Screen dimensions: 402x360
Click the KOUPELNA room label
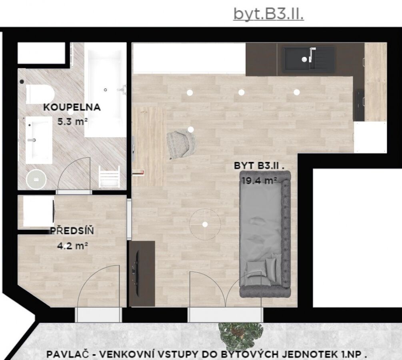(72, 107)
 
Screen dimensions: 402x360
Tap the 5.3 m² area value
(72, 121)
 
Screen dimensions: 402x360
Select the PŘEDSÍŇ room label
(72, 231)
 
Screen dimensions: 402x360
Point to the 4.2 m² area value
(72, 246)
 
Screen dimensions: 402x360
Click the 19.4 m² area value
(259, 181)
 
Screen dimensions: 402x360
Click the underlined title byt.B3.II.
(269, 14)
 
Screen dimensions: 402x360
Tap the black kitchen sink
(310, 59)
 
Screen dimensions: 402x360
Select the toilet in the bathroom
(40, 94)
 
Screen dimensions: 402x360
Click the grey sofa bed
(265, 234)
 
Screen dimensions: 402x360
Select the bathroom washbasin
(39, 140)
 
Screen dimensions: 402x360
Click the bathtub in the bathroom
(105, 90)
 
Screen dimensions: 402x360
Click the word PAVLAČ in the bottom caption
(68, 354)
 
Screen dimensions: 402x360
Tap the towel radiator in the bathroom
(109, 176)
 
